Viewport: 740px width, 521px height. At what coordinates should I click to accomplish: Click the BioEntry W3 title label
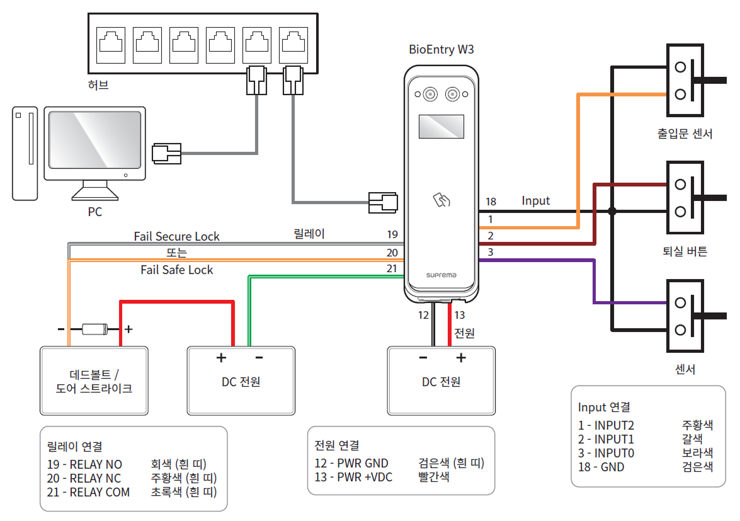441,50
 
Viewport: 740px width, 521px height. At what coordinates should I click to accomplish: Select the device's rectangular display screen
441,127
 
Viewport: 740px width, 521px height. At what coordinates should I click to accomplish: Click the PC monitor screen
94,140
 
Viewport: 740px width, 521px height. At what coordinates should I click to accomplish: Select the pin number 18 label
491,202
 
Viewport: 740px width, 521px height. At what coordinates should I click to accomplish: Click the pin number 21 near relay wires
392,269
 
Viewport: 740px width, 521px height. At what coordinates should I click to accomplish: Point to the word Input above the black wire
535,201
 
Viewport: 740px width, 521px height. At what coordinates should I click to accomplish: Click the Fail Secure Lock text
177,237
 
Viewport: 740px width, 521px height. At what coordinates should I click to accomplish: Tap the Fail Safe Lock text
177,270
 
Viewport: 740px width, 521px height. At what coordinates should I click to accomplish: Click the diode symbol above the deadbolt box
95,329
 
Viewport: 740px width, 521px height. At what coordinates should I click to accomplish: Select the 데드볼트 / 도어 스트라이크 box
94,381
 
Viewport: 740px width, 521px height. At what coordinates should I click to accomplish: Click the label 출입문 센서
685,134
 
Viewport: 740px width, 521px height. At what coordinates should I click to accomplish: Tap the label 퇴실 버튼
685,251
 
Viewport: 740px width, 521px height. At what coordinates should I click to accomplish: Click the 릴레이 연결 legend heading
75,447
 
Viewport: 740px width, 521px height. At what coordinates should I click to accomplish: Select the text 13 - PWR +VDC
353,477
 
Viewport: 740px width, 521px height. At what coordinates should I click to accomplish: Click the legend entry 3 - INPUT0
606,453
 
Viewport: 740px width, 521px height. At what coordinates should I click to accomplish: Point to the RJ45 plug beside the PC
166,152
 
